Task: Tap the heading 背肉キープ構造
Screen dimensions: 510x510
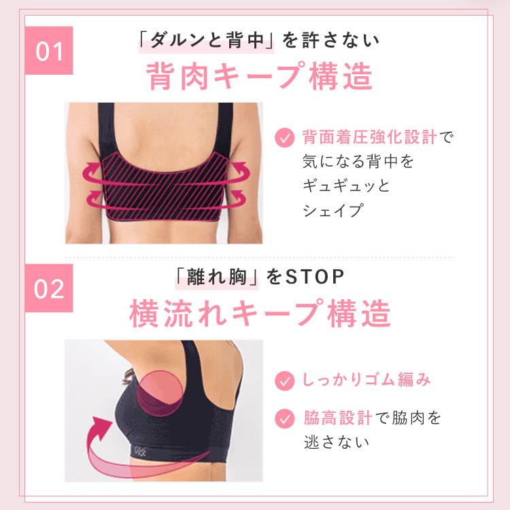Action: (260, 77)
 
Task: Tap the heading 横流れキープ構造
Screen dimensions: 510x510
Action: (260, 313)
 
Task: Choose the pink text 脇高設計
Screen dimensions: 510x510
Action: (338, 416)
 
